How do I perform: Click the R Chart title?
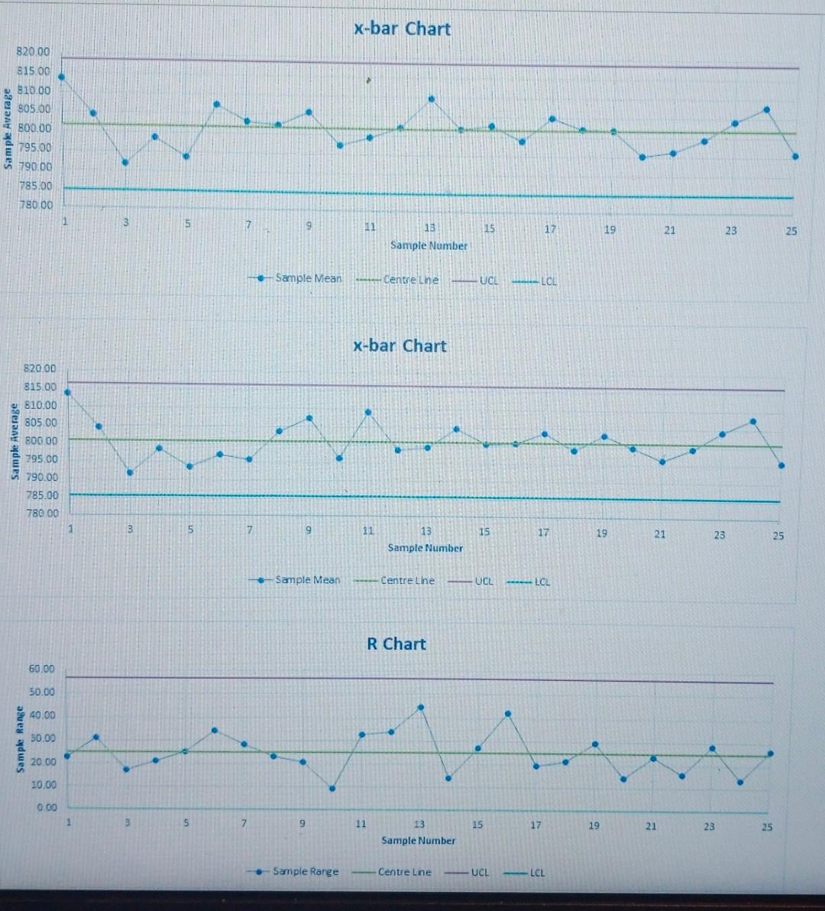(x=396, y=644)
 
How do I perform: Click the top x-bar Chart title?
(x=402, y=29)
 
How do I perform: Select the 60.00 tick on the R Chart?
(x=41, y=669)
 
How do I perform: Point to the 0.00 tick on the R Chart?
(x=47, y=807)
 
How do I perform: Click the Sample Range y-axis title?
(x=21, y=738)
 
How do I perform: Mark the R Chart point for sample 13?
(x=420, y=708)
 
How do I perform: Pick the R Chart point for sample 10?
(x=332, y=788)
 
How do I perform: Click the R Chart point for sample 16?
(x=507, y=714)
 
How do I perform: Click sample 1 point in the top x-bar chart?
(x=61, y=76)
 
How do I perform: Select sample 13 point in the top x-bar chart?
(x=432, y=99)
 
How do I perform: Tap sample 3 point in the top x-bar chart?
(x=125, y=162)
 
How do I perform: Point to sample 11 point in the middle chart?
(x=368, y=412)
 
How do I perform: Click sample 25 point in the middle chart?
(x=781, y=465)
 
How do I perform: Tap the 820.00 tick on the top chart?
(x=33, y=52)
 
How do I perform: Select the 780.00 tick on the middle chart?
(x=42, y=513)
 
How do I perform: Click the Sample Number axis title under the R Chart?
(x=418, y=840)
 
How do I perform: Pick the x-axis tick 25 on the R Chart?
(x=767, y=826)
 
